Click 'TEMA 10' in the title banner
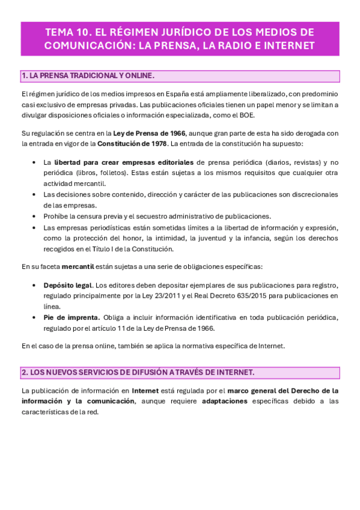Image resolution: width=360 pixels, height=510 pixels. pyautogui.click(x=69, y=31)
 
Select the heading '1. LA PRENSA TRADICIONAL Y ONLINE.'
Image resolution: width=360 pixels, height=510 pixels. pyautogui.click(x=88, y=76)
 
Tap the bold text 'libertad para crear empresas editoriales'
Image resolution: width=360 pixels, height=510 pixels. pyautogui.click(x=124, y=162)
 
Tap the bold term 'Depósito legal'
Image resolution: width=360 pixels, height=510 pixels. pyautogui.click(x=68, y=285)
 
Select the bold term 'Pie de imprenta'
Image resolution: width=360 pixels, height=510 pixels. pyautogui.click(x=72, y=318)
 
